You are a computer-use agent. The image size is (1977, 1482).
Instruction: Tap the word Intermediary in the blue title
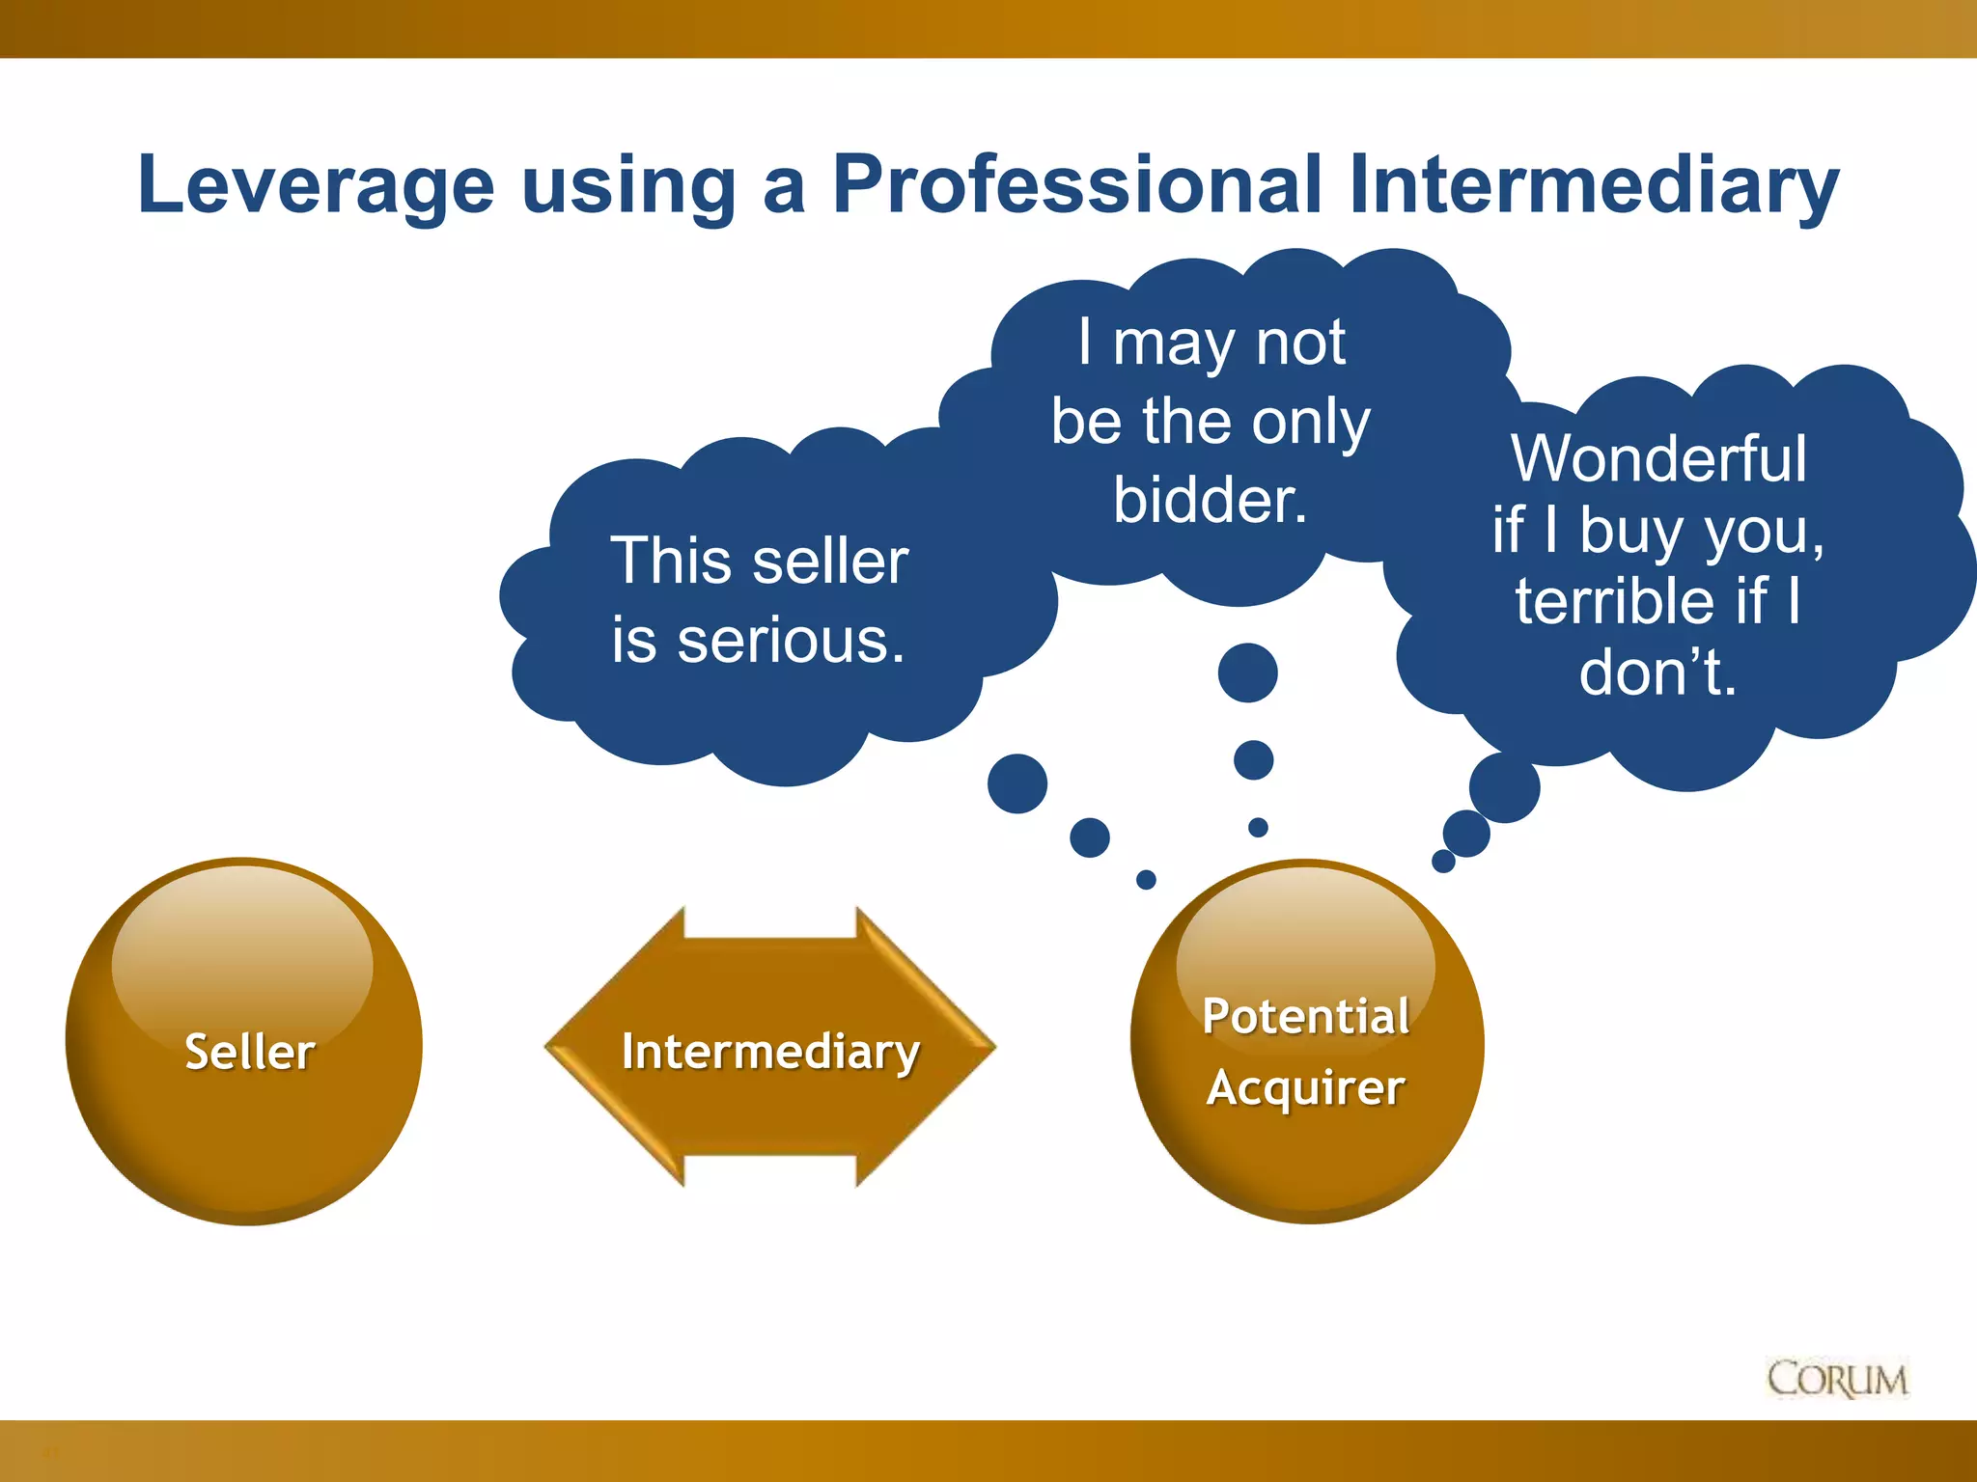1594,185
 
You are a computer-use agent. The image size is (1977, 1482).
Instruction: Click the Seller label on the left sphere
250,1052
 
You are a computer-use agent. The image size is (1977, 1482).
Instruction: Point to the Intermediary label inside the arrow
770,1051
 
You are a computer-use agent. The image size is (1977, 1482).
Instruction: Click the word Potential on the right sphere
1306,1016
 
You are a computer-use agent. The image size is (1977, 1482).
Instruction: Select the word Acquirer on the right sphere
1306,1088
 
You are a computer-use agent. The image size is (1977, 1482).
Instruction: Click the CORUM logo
1837,1380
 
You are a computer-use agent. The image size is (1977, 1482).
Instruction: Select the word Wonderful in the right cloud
1658,458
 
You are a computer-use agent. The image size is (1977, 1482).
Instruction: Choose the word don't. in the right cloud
1657,672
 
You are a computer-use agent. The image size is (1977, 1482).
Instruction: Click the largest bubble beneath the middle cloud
1247,672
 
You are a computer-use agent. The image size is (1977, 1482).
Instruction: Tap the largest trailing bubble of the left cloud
1017,783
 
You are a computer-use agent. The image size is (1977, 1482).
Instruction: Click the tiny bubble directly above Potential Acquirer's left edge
1146,879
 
